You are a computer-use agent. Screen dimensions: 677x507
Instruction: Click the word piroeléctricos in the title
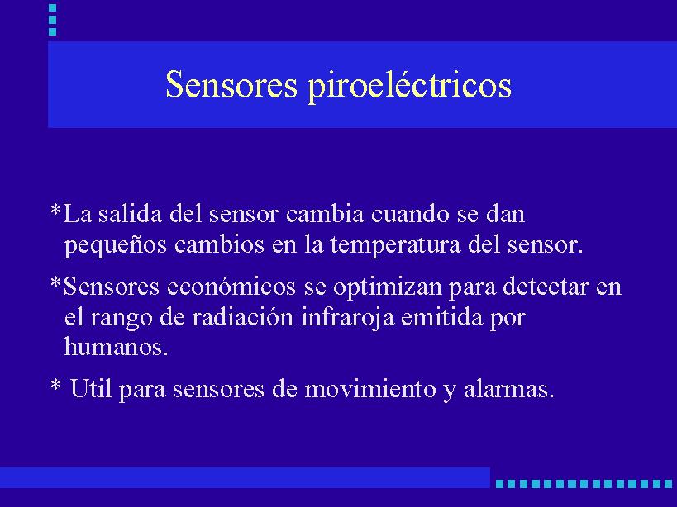pyautogui.click(x=409, y=85)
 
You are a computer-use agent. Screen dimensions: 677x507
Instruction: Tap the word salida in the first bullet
pyautogui.click(x=130, y=213)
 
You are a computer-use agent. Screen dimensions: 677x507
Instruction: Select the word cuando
pyautogui.click(x=410, y=213)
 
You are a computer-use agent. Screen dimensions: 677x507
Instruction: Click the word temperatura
pyautogui.click(x=396, y=245)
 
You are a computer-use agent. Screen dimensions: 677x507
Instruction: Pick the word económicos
pyautogui.click(x=231, y=287)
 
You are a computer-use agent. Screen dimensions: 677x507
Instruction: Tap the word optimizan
pyautogui.click(x=388, y=287)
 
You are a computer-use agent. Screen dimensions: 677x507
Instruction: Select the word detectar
pyautogui.click(x=546, y=287)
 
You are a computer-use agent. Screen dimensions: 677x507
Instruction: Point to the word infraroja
pyautogui.click(x=347, y=318)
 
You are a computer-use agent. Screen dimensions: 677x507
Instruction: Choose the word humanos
pyautogui.click(x=116, y=346)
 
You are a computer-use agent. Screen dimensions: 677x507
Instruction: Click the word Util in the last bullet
pyautogui.click(x=91, y=388)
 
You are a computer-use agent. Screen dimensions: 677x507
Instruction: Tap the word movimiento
pyautogui.click(x=370, y=389)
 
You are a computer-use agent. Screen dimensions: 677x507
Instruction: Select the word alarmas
pyautogui.click(x=508, y=389)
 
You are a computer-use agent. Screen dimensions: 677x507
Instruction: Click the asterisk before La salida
pyautogui.click(x=55, y=211)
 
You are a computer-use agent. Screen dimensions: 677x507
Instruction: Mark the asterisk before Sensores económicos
pyautogui.click(x=55, y=283)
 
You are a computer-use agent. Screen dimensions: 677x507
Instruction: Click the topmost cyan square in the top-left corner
pyautogui.click(x=53, y=7)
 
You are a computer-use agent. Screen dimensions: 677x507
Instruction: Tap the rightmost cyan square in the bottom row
pyautogui.click(x=669, y=484)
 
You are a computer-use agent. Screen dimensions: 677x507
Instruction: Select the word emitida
pyautogui.click(x=441, y=317)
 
